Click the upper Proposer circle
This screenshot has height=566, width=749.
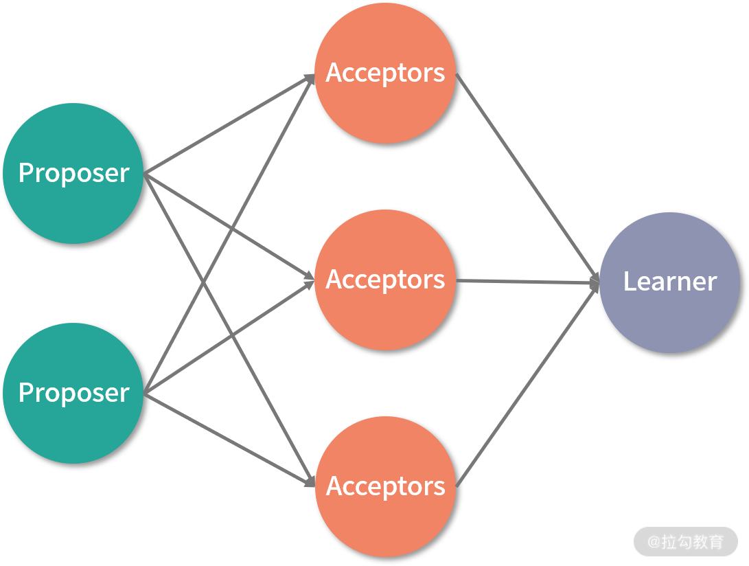pyautogui.click(x=73, y=137)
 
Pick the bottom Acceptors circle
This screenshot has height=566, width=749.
pyautogui.click(x=384, y=522)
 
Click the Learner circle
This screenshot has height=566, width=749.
pyautogui.click(x=669, y=316)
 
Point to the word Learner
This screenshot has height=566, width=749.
pyautogui.click(x=669, y=282)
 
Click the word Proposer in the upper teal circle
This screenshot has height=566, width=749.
pyautogui.click(x=73, y=173)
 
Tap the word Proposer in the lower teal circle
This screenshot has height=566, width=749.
pyautogui.click(x=73, y=393)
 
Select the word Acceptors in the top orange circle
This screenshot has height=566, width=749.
pyautogui.click(x=385, y=73)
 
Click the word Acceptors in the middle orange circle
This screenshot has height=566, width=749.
pyautogui.click(x=385, y=280)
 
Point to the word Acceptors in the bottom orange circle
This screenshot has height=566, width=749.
pyautogui.click(x=385, y=486)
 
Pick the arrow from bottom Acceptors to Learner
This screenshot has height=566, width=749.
pyautogui.click(x=525, y=385)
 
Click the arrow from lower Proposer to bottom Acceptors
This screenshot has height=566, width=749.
pyautogui.click(x=227, y=438)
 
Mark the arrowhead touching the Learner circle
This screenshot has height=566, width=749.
pyautogui.click(x=595, y=282)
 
